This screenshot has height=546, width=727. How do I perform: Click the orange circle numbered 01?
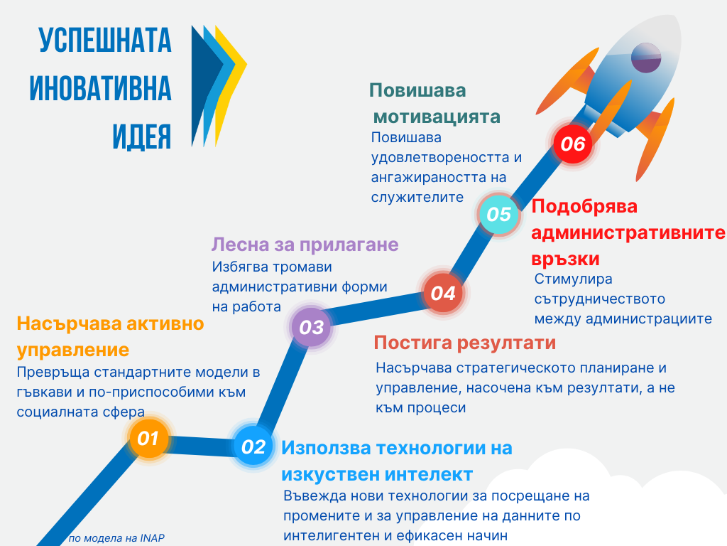point(148,438)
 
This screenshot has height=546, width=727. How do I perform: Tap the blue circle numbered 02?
point(253,446)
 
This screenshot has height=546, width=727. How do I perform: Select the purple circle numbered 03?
point(311,327)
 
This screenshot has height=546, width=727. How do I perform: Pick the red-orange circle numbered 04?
point(443,293)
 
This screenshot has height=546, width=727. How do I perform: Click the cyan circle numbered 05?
point(498,214)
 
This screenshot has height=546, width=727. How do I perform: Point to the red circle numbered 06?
point(573,144)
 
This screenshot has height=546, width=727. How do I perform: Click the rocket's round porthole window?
point(646,58)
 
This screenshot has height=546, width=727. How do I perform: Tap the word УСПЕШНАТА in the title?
point(105,40)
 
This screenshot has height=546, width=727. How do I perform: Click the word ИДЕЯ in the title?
point(142,136)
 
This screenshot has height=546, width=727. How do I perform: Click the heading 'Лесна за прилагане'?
point(305,245)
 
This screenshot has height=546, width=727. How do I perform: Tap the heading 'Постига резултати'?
point(464,343)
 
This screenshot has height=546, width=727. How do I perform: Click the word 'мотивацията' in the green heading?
point(437,117)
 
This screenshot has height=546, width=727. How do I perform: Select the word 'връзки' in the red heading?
point(566,259)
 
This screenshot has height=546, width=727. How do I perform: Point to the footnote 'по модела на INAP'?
point(116,538)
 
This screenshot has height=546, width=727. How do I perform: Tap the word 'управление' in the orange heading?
point(73,350)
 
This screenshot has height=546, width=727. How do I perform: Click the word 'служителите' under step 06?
point(417,197)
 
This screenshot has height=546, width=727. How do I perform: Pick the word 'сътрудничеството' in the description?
point(599,299)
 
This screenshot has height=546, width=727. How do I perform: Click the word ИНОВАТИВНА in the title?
point(101,87)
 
